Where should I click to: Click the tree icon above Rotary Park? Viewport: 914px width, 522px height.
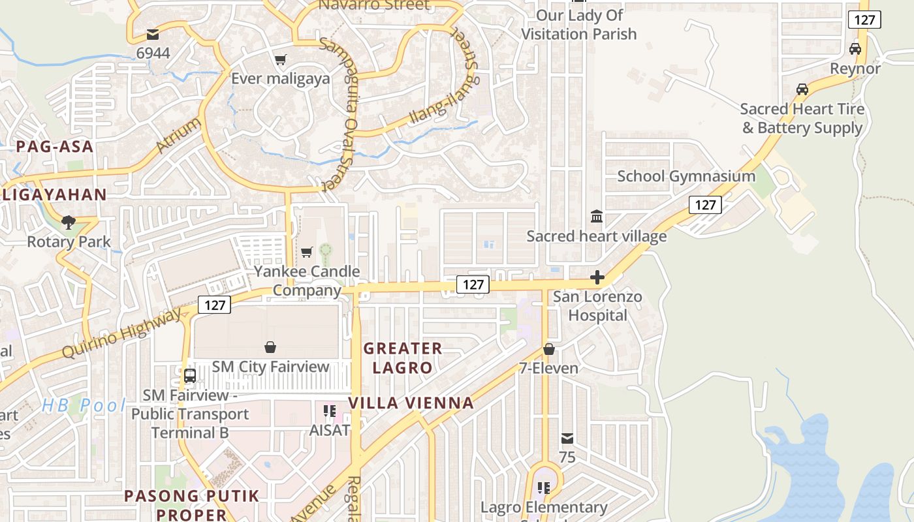pyautogui.click(x=69, y=223)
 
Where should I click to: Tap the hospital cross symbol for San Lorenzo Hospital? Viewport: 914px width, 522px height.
pyautogui.click(x=597, y=278)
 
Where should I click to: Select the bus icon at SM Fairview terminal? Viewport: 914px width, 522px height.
pyautogui.click(x=190, y=376)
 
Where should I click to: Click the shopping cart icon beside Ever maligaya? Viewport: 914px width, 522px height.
pyautogui.click(x=281, y=60)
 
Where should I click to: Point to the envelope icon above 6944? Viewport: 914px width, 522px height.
pyautogui.click(x=153, y=34)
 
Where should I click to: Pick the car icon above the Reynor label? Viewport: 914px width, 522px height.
pyautogui.click(x=855, y=49)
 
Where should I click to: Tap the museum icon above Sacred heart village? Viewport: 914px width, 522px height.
pyautogui.click(x=597, y=217)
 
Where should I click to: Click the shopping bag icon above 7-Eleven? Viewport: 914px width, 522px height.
pyautogui.click(x=549, y=349)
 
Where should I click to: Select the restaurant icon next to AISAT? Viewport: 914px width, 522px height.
pyautogui.click(x=330, y=411)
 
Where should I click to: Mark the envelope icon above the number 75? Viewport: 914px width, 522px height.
pyautogui.click(x=567, y=438)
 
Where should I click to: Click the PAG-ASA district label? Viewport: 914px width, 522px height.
pyautogui.click(x=55, y=147)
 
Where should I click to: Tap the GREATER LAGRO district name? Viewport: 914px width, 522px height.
pyautogui.click(x=403, y=358)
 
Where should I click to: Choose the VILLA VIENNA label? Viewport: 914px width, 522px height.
pyautogui.click(x=411, y=403)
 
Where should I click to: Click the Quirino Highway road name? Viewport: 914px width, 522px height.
pyautogui.click(x=122, y=333)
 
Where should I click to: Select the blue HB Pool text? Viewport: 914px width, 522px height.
pyautogui.click(x=84, y=405)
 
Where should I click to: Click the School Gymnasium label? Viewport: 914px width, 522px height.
pyautogui.click(x=686, y=176)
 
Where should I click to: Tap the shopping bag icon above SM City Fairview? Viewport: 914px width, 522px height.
pyautogui.click(x=270, y=347)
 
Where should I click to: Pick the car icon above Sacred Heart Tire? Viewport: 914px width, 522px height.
pyautogui.click(x=802, y=89)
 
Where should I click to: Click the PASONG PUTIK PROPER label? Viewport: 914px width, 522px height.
pyautogui.click(x=192, y=505)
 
